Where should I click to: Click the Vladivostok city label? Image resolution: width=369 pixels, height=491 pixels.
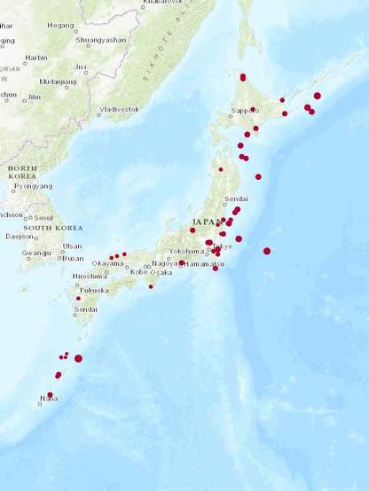[121, 109]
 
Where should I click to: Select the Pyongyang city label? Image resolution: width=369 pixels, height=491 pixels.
[33, 186]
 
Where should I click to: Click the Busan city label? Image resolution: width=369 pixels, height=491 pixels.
[73, 258]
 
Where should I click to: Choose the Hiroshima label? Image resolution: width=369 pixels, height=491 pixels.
[89, 276]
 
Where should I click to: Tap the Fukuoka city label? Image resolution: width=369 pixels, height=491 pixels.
[94, 290]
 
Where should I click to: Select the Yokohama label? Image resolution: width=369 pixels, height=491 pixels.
[186, 251]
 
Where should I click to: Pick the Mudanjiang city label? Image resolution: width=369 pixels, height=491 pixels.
[58, 82]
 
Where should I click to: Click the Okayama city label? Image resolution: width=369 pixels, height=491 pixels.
[107, 263]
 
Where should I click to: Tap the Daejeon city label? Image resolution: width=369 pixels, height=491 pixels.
[20, 237]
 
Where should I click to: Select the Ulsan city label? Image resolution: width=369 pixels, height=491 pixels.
[73, 245]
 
